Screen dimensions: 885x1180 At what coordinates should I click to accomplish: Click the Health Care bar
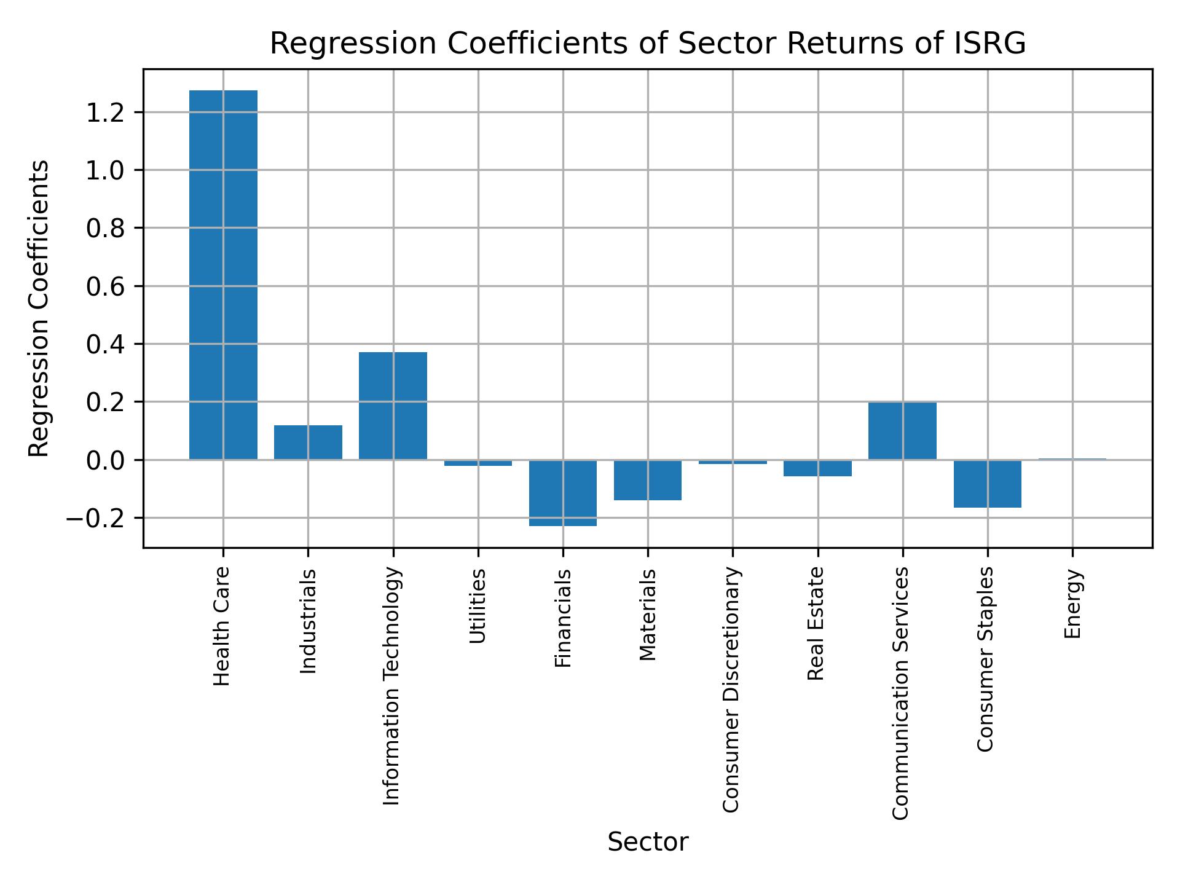pos(223,275)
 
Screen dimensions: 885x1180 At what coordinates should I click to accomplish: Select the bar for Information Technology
pos(393,406)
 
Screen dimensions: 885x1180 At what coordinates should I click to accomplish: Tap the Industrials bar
pos(308,442)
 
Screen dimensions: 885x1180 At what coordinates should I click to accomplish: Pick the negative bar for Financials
pos(562,493)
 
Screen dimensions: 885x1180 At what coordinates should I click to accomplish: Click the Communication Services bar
pos(902,431)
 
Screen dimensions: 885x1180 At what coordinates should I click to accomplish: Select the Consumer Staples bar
pos(987,484)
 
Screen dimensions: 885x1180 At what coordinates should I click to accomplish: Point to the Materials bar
pos(647,480)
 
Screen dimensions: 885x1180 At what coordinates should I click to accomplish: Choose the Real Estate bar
pos(817,468)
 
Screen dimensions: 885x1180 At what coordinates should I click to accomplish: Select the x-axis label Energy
pos(1072,604)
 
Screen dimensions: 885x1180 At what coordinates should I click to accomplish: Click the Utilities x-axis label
pos(478,606)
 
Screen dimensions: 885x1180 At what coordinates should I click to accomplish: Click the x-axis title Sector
pos(647,842)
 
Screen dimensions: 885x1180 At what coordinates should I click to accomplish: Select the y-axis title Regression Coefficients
pos(39,309)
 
